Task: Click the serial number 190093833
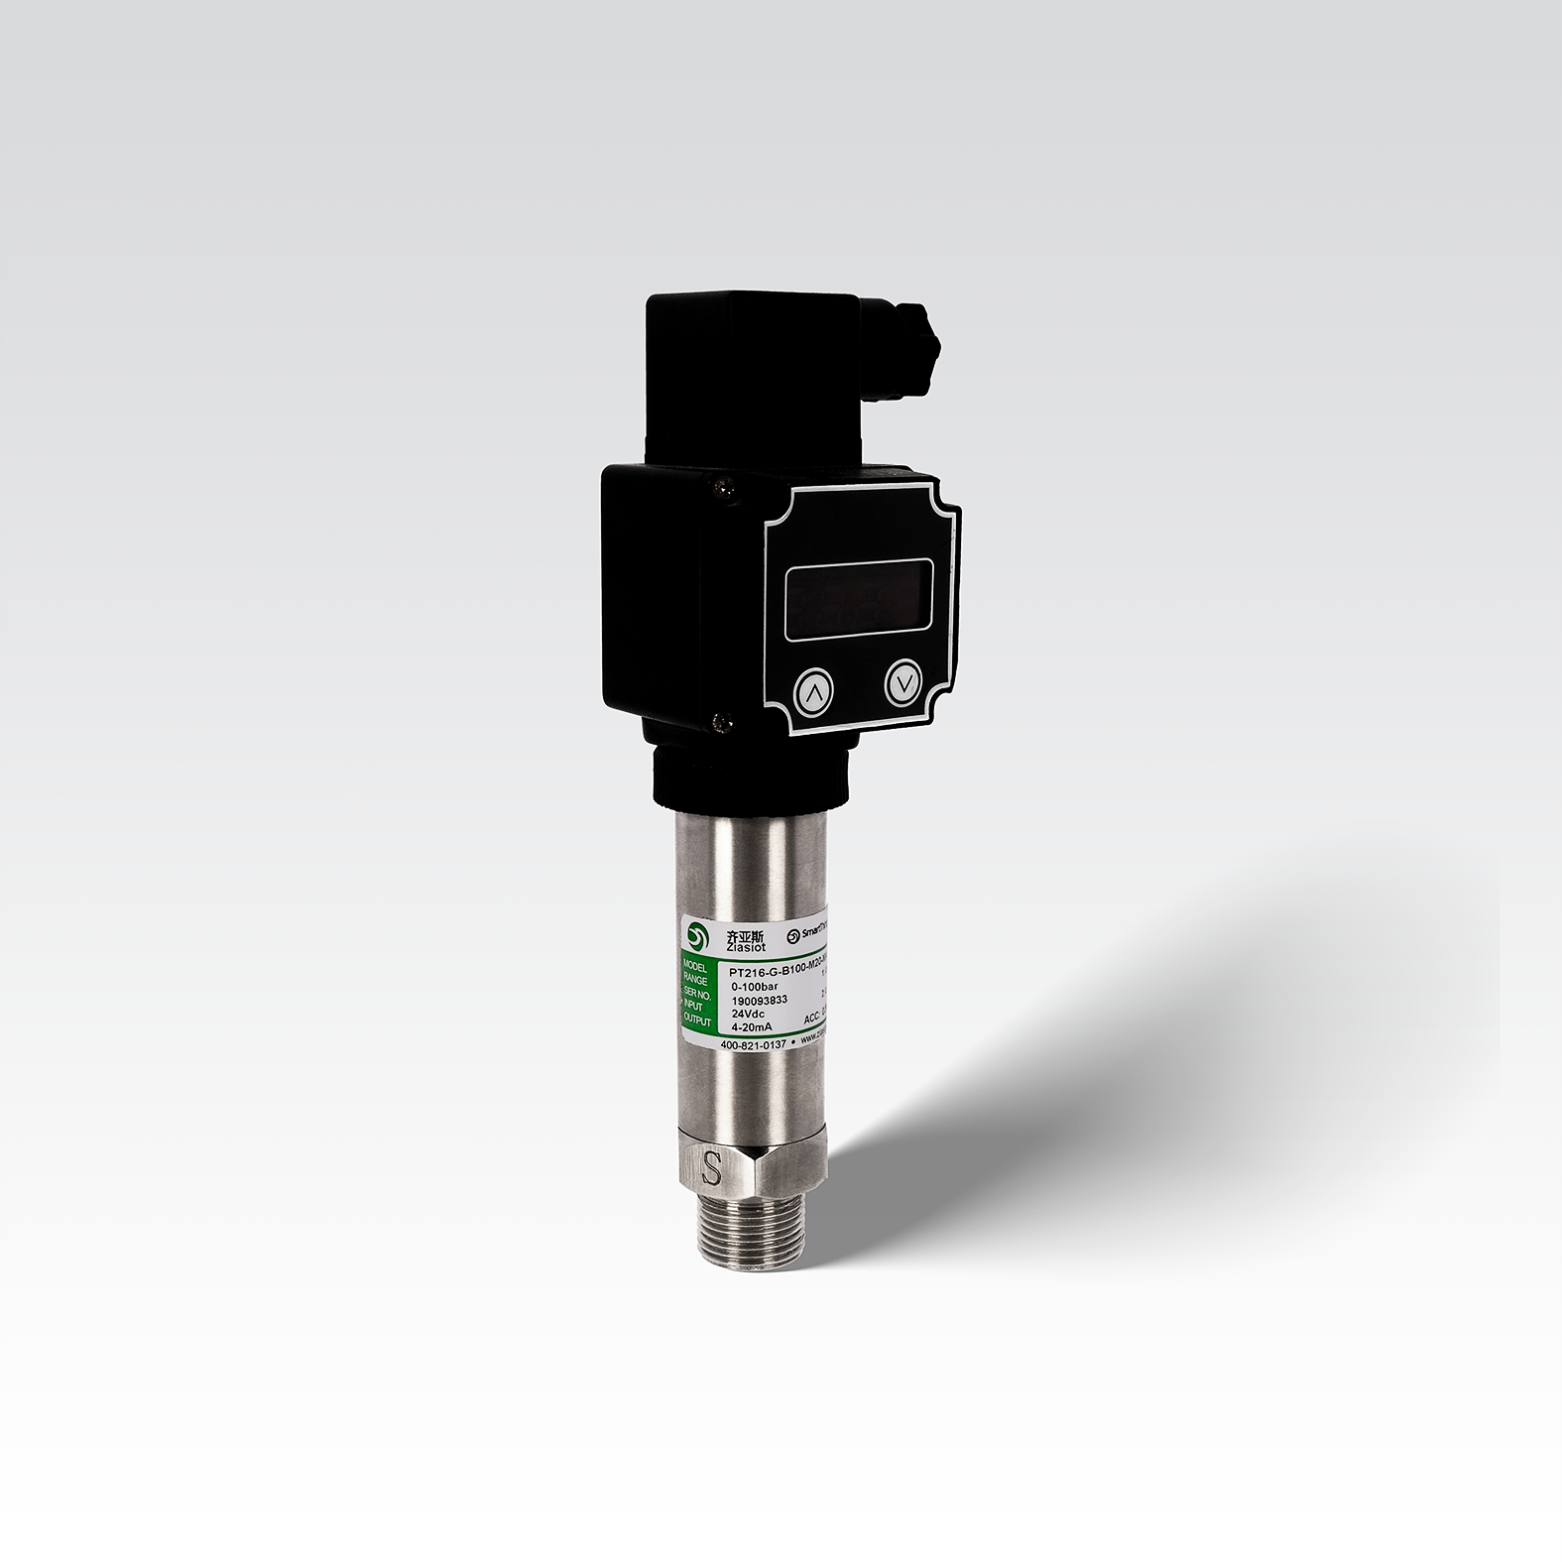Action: tap(759, 1000)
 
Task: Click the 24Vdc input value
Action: tap(749, 1014)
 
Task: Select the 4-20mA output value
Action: tap(751, 1027)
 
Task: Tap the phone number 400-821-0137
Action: tap(751, 1044)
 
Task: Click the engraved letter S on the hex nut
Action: tap(711, 1167)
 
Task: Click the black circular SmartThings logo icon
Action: tap(792, 935)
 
